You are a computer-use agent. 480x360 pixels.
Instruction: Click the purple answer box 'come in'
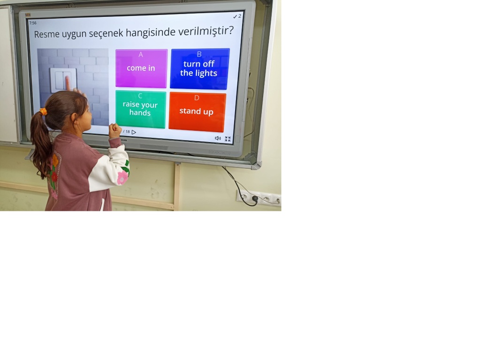pyautogui.click(x=141, y=68)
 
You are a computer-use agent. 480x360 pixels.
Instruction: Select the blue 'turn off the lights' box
pyautogui.click(x=199, y=69)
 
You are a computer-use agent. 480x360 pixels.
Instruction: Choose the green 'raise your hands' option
pyautogui.click(x=141, y=109)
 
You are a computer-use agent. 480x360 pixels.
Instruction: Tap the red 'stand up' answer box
pyautogui.click(x=197, y=112)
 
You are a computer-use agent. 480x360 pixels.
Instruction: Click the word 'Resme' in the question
pyautogui.click(x=47, y=34)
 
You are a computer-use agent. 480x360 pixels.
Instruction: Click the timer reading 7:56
pyautogui.click(x=33, y=23)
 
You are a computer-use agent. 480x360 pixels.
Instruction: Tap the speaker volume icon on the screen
pyautogui.click(x=218, y=138)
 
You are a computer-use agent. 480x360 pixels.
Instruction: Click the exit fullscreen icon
pyautogui.click(x=228, y=139)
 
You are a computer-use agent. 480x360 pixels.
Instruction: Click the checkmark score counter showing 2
pyautogui.click(x=237, y=16)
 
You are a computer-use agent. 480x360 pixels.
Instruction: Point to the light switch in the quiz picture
pyautogui.click(x=63, y=80)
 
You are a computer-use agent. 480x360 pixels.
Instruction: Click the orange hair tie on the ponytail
pyautogui.click(x=43, y=112)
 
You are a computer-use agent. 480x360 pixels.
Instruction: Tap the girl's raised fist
pyautogui.click(x=115, y=130)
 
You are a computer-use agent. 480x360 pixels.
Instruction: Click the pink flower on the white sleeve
pyautogui.click(x=122, y=177)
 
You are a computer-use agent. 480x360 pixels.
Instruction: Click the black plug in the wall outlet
pyautogui.click(x=255, y=199)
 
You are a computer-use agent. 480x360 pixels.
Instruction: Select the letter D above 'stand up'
pyautogui.click(x=197, y=98)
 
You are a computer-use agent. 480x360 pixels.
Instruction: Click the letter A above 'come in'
pyautogui.click(x=141, y=54)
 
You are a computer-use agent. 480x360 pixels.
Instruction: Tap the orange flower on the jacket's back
pyautogui.click(x=55, y=160)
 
